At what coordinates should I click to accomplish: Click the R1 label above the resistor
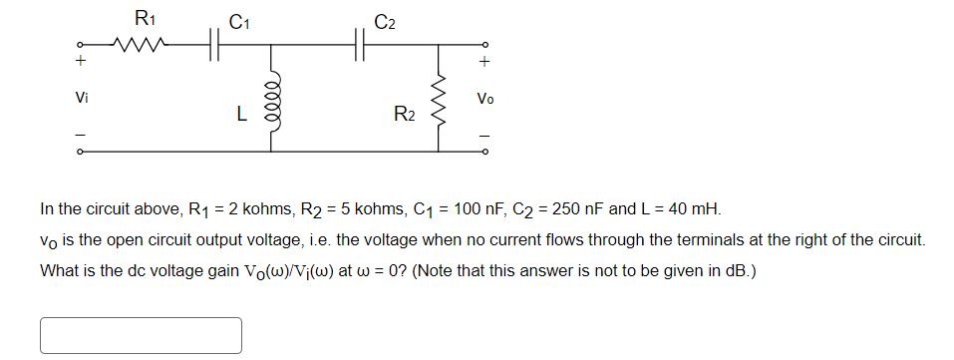145,17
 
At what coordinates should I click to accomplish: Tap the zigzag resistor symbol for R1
137,44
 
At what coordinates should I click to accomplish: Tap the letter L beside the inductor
241,115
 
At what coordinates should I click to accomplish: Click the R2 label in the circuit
404,115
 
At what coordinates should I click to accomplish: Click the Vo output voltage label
484,99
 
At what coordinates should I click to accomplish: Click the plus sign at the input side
81,63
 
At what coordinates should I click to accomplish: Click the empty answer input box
141,335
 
